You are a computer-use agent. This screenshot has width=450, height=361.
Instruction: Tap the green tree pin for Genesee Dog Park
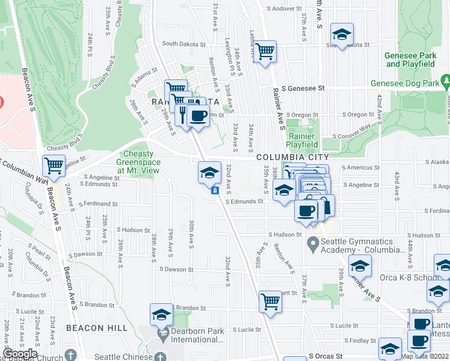(445, 81)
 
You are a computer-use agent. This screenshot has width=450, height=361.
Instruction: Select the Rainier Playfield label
(303, 140)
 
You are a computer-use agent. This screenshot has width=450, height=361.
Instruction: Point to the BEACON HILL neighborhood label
(97, 328)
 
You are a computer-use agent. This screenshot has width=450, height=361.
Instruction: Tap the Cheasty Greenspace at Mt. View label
(138, 162)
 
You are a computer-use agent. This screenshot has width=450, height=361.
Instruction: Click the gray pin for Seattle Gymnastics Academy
(312, 245)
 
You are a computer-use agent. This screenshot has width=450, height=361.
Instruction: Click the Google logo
(20, 353)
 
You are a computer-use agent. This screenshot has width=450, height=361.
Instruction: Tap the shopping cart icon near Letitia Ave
(265, 52)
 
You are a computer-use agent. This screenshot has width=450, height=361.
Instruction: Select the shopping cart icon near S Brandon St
(270, 301)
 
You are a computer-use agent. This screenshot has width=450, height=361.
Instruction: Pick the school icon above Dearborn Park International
(161, 313)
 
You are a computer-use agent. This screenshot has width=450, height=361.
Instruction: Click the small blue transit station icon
(214, 191)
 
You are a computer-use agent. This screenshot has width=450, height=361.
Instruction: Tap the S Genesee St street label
(304, 88)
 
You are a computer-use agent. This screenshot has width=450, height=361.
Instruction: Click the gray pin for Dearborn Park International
(161, 333)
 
